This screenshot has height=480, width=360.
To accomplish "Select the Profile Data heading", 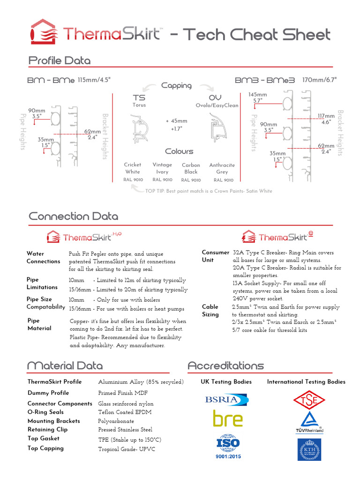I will point(60,60).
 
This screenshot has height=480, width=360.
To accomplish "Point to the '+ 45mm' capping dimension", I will point(176,120).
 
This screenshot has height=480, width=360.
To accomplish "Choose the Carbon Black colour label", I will point(191,168).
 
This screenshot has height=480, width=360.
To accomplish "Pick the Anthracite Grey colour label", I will point(222,168).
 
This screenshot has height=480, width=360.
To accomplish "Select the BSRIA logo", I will point(226,399).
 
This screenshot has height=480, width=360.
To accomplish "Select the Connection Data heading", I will point(73,217).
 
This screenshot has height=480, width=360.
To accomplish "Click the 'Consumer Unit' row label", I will point(215,256).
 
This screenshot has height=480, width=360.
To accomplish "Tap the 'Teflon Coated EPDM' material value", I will point(125,412).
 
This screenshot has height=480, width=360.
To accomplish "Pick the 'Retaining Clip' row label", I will point(47,429).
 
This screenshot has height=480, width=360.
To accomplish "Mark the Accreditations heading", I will point(225,366).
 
